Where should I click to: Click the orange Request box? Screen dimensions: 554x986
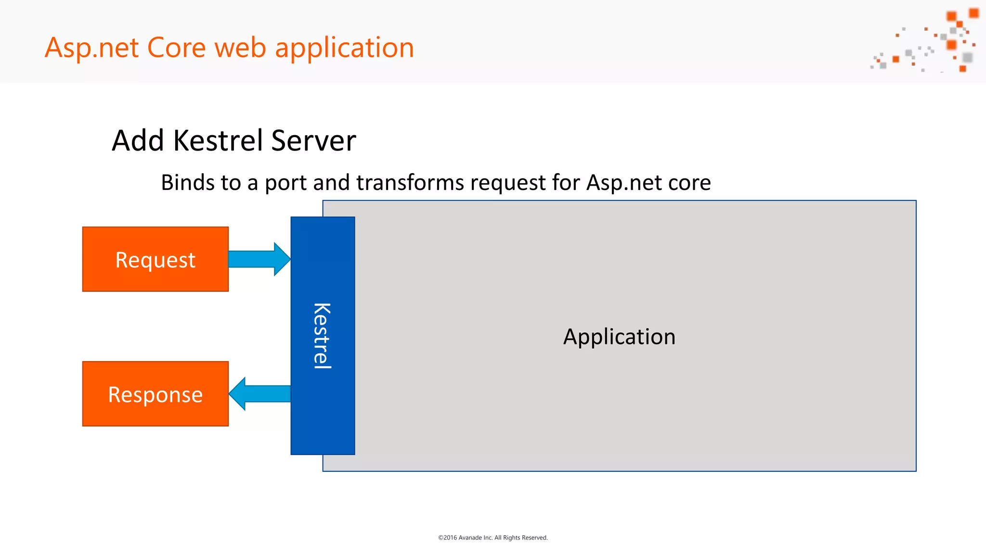coord(155,259)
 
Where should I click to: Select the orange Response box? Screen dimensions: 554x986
coord(155,394)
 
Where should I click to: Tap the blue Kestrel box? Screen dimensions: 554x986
coord(323,336)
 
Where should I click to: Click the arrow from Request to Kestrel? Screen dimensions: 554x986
coord(259,259)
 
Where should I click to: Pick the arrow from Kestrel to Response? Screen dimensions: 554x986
coord(260,394)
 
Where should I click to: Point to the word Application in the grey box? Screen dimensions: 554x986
coord(619,337)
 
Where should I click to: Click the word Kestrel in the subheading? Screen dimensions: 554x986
coord(219,140)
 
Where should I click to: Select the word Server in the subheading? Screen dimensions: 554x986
coord(313,140)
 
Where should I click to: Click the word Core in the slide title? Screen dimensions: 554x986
coord(176,48)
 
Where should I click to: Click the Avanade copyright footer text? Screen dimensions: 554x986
coord(493,538)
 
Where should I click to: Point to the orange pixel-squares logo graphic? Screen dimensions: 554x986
coord(927,41)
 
